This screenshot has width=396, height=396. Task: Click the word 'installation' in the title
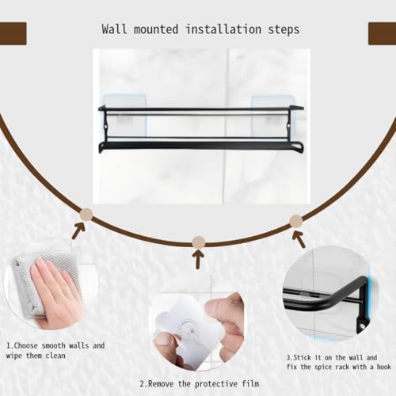(x=223, y=29)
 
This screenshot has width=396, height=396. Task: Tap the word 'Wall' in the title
(x=114, y=29)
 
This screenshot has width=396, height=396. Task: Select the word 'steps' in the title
(x=284, y=30)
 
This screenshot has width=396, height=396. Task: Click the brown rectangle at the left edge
(x=13, y=33)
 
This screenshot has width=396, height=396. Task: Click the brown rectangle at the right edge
(x=382, y=33)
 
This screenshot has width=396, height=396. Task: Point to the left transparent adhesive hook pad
(x=124, y=115)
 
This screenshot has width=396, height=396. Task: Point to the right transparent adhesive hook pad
(x=272, y=115)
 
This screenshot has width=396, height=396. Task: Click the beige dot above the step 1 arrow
(x=86, y=215)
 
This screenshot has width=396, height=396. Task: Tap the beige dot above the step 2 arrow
(x=199, y=242)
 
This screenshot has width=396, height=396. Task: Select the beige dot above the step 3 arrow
(x=296, y=221)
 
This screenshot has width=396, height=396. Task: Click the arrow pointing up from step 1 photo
(x=78, y=230)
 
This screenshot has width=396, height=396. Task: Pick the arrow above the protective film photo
(x=198, y=259)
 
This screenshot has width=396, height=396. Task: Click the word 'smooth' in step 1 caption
(x=53, y=345)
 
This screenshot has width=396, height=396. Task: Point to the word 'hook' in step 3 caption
(x=384, y=367)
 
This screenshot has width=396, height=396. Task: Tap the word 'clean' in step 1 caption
(x=55, y=356)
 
